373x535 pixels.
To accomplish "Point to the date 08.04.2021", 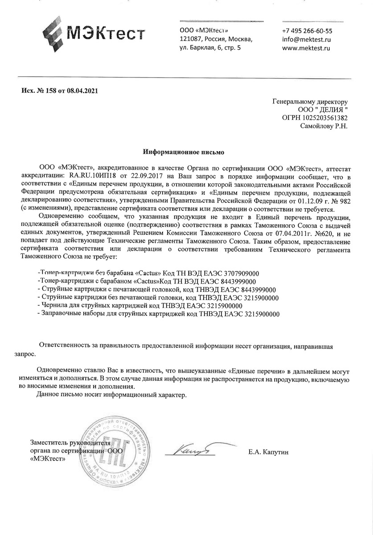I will coord(82,90).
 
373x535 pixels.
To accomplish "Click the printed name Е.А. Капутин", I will coord(269,453).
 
